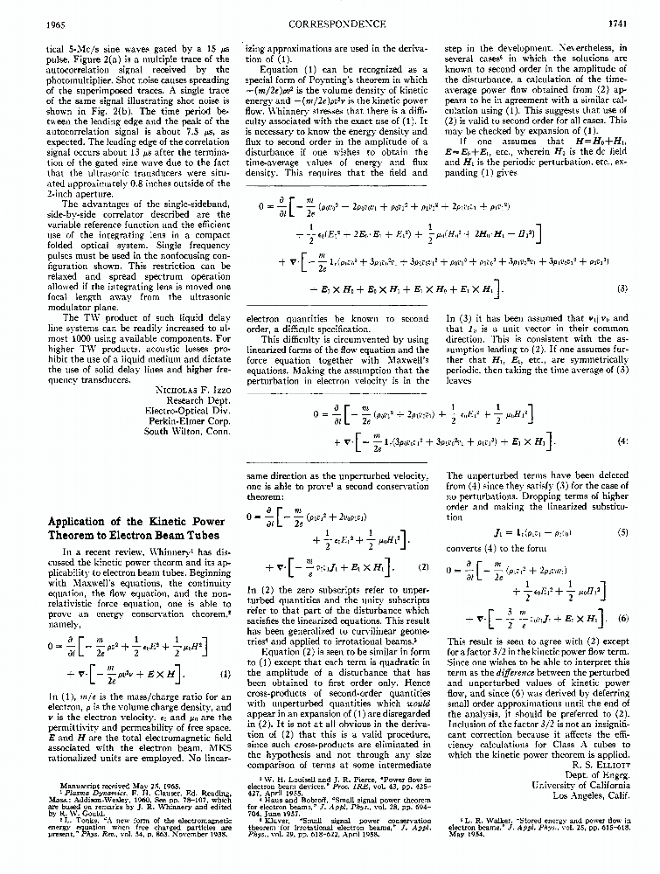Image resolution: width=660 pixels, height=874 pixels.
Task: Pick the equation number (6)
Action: point(623,616)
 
